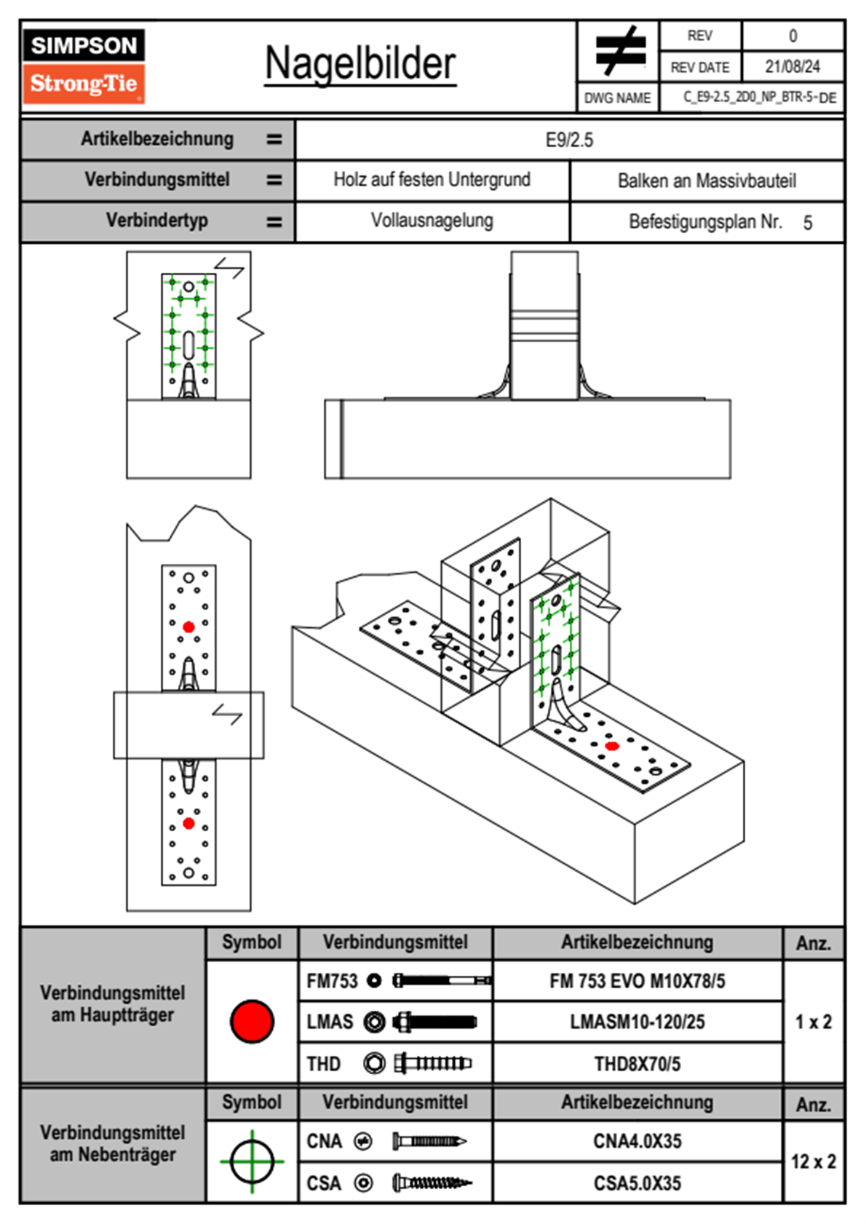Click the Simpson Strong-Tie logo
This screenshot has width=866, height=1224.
(x=84, y=65)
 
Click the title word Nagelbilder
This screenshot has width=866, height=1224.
(x=360, y=64)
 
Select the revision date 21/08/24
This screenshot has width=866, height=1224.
(x=792, y=67)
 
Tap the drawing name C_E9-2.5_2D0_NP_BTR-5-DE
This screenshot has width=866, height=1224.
(x=759, y=98)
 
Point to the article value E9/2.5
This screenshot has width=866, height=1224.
(x=569, y=140)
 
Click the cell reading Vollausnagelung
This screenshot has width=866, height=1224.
(x=432, y=220)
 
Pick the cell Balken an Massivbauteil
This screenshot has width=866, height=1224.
(x=707, y=180)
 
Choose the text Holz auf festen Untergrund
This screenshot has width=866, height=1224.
(x=432, y=180)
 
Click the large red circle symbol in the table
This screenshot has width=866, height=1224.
(x=252, y=1021)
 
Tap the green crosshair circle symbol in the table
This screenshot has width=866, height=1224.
(x=252, y=1161)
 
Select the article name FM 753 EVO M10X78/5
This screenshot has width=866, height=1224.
(x=637, y=981)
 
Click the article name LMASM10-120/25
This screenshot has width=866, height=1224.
(x=637, y=1022)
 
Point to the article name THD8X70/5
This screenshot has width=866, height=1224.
(x=637, y=1064)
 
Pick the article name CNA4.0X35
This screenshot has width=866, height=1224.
(x=637, y=1141)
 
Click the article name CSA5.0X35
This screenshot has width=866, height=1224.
(x=637, y=1183)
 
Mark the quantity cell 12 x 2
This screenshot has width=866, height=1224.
(x=813, y=1161)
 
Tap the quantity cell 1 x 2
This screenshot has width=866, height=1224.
(x=813, y=1022)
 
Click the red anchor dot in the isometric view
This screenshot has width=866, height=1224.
(x=612, y=746)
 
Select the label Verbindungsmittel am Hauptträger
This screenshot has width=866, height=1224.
(x=113, y=1004)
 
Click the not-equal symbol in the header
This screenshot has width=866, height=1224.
(x=619, y=51)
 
